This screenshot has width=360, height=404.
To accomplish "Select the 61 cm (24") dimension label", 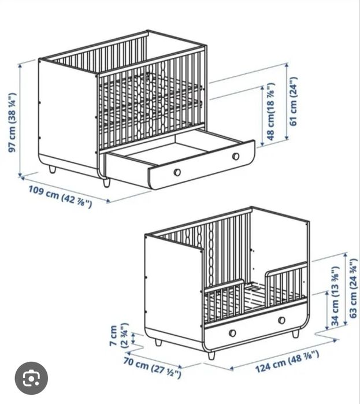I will tap(293, 102).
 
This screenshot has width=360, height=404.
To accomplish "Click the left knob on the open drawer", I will tap(177, 172).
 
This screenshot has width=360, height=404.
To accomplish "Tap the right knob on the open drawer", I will tap(236, 157).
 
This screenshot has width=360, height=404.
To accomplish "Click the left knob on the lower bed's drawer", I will tap(232, 332).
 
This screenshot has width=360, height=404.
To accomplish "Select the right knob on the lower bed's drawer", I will tap(281, 320).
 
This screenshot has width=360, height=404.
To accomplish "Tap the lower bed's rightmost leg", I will tap(296, 334).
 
